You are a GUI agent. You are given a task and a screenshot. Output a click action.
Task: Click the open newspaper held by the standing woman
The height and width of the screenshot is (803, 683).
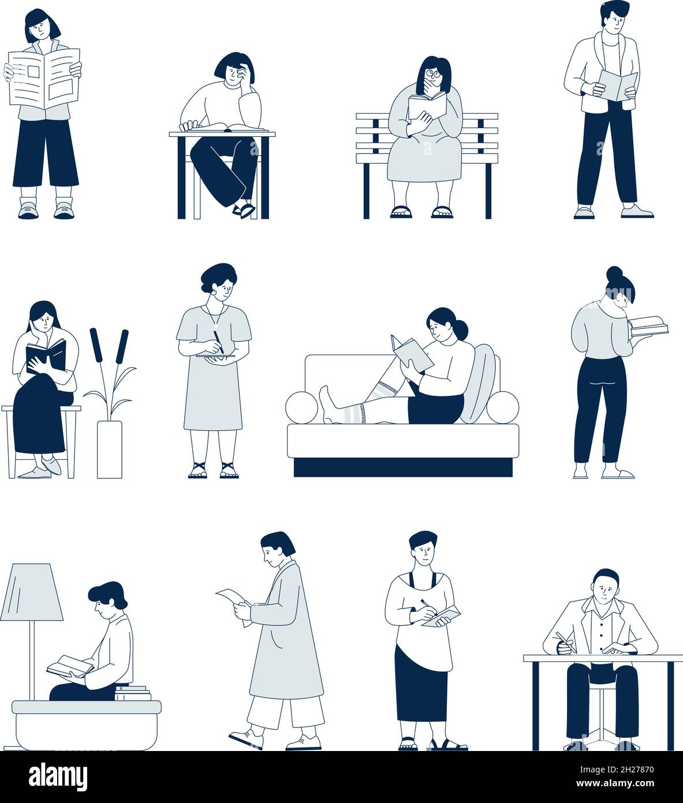[44, 77]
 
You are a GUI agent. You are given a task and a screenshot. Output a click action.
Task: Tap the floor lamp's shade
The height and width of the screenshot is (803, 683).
[32, 592]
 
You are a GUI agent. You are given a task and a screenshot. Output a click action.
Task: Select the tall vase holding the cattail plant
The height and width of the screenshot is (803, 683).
[109, 449]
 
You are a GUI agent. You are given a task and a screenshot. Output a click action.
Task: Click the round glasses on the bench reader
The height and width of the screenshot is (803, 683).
[432, 74]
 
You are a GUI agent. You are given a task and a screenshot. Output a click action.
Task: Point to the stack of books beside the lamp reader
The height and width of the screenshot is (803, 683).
[133, 692]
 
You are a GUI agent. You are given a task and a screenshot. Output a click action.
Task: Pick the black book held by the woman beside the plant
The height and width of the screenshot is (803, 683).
[46, 355]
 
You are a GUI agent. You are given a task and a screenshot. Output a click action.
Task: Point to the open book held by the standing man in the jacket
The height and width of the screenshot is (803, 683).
[617, 84]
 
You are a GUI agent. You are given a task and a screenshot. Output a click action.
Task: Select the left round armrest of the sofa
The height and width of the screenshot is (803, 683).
[301, 407]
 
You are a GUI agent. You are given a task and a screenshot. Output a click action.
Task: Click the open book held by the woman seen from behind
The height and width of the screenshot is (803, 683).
[648, 326]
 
